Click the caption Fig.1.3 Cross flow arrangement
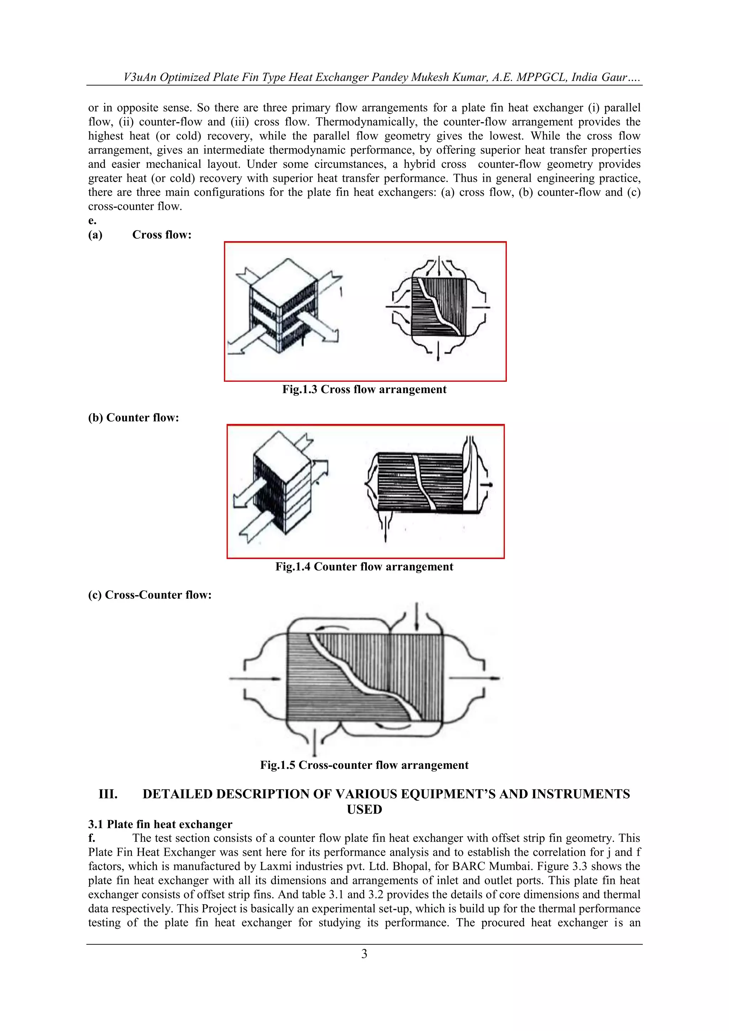pos(364,389)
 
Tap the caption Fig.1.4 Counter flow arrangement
pos(364,567)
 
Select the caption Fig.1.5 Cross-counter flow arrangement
pos(364,765)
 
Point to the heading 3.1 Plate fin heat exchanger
pos(160,824)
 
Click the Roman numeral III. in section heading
pos(108,795)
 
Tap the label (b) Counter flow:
pos(133,418)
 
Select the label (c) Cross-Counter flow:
pos(150,595)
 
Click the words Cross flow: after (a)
pos(162,235)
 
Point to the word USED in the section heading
pos(364,809)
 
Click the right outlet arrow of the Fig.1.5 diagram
pos(476,678)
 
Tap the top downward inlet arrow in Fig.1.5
pos(417,618)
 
